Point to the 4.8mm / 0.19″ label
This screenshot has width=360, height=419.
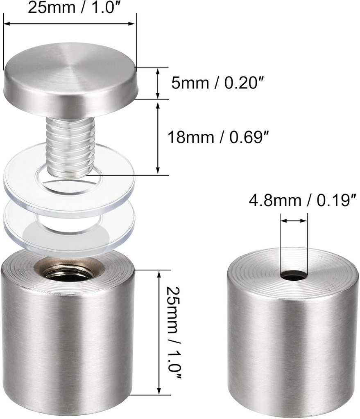pos(303,200)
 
